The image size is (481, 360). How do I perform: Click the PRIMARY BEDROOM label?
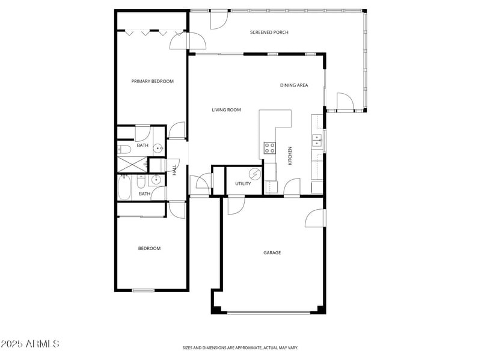click(x=153, y=81)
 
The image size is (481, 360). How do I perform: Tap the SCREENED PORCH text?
click(x=269, y=32)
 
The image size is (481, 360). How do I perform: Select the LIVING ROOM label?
click(x=226, y=110)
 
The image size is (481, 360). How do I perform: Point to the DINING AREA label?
click(x=293, y=85)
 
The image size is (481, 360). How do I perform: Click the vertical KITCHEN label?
click(x=290, y=156)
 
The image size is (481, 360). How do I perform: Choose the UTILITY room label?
click(x=243, y=184)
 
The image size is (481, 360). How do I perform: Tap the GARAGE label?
click(x=272, y=253)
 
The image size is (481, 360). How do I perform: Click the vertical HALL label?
click(x=175, y=170)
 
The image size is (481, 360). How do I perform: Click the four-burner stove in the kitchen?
click(x=269, y=148)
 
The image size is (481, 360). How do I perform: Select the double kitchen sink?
click(x=316, y=141)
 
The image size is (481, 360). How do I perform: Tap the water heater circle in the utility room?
click(x=256, y=174)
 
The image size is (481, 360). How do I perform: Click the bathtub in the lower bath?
click(x=125, y=187)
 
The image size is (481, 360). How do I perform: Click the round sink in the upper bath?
click(x=158, y=148)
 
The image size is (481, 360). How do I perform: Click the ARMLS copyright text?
click(x=30, y=344)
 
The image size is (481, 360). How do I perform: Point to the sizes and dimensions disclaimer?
click(x=240, y=347)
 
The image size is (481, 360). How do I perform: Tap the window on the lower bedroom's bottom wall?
click(x=143, y=291)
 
